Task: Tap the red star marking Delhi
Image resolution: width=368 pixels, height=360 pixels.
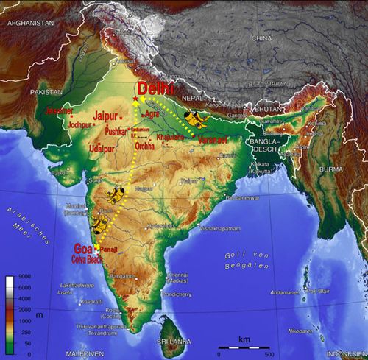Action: pyautogui.click(x=135, y=99)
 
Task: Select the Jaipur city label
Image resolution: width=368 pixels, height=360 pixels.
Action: pyautogui.click(x=108, y=116)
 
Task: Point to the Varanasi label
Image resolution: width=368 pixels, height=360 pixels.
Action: pyautogui.click(x=211, y=138)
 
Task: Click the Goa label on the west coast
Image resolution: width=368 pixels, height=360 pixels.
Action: pyautogui.click(x=83, y=248)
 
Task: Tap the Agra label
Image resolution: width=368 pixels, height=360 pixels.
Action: pyautogui.click(x=152, y=115)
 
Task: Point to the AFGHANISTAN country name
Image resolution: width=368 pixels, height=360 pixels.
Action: pyautogui.click(x=29, y=23)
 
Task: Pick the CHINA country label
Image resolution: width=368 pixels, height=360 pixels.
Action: pyautogui.click(x=261, y=38)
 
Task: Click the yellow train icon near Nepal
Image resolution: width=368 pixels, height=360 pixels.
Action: pyautogui.click(x=196, y=117)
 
